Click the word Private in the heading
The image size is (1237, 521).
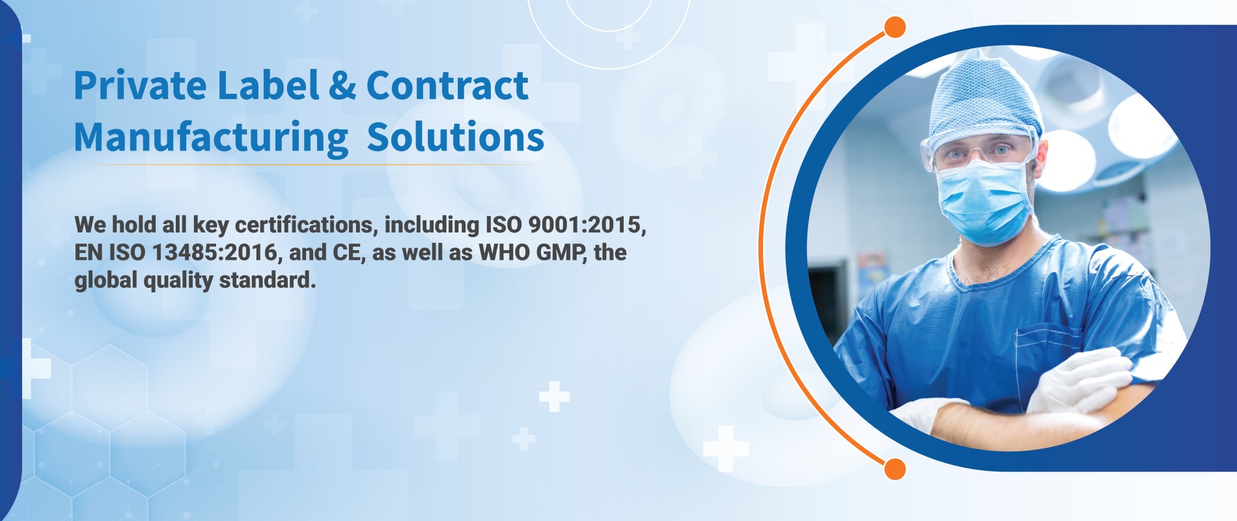[140, 85]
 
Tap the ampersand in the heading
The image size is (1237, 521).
[342, 85]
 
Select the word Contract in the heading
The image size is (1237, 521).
[447, 85]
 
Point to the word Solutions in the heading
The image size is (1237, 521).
[456, 137]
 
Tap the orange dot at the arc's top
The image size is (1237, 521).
[895, 27]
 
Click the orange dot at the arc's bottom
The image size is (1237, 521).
[895, 469]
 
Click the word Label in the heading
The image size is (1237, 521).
[268, 85]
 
